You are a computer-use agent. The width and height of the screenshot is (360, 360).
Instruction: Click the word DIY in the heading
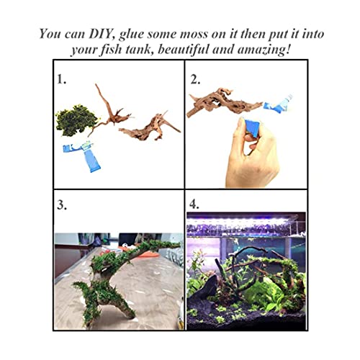coord(101,34)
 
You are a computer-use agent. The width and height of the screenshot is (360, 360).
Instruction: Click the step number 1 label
coord(61,79)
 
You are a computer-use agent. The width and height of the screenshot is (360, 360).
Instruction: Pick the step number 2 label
coord(195,79)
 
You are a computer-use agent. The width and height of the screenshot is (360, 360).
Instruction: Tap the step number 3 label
coord(62,204)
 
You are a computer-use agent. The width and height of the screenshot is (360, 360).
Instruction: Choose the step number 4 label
coord(194,204)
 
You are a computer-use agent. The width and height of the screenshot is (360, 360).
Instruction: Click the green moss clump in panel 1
coord(76,120)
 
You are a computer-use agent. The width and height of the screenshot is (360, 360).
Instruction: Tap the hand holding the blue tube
coord(252,153)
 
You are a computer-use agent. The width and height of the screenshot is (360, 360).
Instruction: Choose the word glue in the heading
coord(131,35)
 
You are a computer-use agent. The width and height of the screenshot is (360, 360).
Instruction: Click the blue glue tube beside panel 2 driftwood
coord(279,104)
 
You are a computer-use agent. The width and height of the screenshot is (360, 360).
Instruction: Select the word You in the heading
coord(50,33)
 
